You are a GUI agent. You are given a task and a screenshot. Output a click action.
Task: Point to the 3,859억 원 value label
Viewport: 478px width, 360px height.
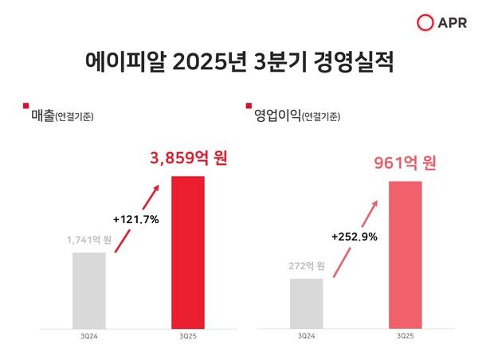coord(189,158)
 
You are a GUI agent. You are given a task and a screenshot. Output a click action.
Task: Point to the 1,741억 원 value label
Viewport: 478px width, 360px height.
coord(88,239)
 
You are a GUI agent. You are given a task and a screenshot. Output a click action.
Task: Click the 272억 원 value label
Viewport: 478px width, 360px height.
coord(306,265)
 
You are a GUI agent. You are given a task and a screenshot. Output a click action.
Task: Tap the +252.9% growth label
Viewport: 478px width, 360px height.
coord(354,237)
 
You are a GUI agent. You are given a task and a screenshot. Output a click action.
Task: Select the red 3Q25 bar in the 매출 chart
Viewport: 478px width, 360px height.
coord(189,251)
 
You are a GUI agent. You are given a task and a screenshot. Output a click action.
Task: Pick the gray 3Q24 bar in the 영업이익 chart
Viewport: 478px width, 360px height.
coord(306,303)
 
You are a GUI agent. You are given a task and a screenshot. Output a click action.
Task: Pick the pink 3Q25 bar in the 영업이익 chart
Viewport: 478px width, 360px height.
coord(406,254)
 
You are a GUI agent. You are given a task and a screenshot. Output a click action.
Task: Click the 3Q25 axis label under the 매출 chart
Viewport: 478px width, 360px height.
coord(189,336)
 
